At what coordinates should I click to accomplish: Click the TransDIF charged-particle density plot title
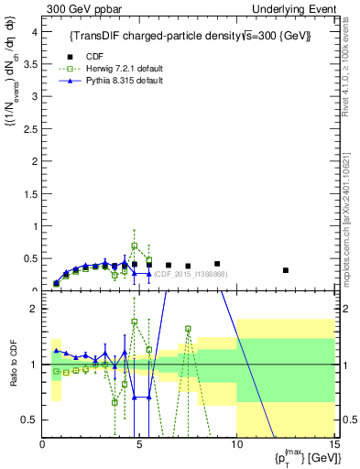[190, 36]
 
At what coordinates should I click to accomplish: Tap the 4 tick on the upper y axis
[35, 32]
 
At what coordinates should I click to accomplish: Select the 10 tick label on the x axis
[236, 446]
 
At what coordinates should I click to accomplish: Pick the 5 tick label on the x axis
[139, 446]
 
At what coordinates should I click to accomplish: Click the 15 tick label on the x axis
[333, 446]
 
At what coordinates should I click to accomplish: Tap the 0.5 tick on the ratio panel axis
[31, 420]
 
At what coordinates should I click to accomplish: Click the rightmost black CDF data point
[286, 270]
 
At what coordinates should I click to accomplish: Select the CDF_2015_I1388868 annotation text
[190, 274]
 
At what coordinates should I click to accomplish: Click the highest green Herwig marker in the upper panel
[135, 246]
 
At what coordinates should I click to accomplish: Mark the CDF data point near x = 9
[217, 264]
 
